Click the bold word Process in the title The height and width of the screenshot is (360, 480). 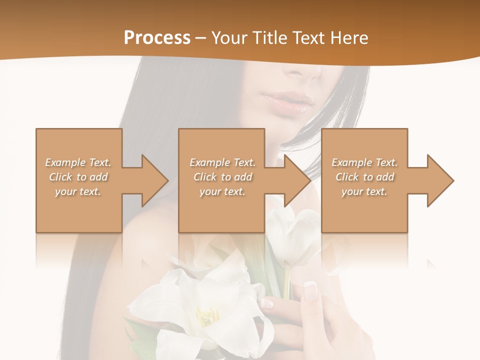pyautogui.click(x=157, y=38)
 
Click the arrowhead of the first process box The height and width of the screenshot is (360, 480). pyautogui.click(x=155, y=180)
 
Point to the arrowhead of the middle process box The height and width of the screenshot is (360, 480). pyautogui.click(x=298, y=180)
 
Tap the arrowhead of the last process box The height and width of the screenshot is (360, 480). pyautogui.click(x=440, y=180)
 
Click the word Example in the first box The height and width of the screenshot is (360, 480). pyautogui.click(x=65, y=162)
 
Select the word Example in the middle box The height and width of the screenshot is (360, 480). pyautogui.click(x=209, y=162)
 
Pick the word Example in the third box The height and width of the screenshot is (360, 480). pyautogui.click(x=351, y=162)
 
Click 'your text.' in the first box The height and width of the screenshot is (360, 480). pyautogui.click(x=78, y=191)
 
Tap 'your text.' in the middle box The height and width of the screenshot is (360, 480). pyautogui.click(x=222, y=191)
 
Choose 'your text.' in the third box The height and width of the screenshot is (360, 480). pyautogui.click(x=364, y=191)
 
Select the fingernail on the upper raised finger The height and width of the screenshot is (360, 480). pyautogui.click(x=310, y=290)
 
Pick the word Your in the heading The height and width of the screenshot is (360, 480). pyautogui.click(x=229, y=38)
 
